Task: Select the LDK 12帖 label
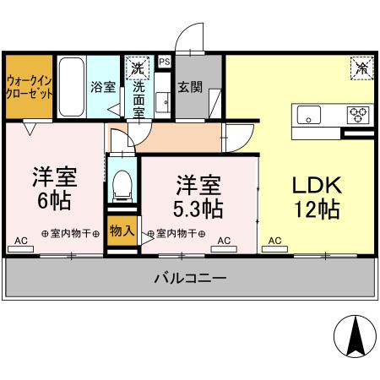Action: click(x=317, y=197)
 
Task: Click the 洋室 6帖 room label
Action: click(x=53, y=190)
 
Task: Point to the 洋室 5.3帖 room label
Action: click(x=199, y=196)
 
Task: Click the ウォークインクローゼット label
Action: click(x=30, y=88)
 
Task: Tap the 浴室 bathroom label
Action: click(x=103, y=87)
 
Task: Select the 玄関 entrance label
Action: click(x=187, y=86)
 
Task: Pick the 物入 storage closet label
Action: click(x=122, y=231)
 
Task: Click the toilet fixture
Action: click(x=123, y=183)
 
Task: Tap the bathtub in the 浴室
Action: click(x=71, y=89)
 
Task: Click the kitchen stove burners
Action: click(x=359, y=114)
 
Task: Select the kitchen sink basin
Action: click(x=306, y=114)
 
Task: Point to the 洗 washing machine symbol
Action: click(x=137, y=67)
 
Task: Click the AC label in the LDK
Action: click(x=274, y=241)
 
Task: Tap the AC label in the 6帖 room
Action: click(x=21, y=241)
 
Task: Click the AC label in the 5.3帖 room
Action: click(x=224, y=241)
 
